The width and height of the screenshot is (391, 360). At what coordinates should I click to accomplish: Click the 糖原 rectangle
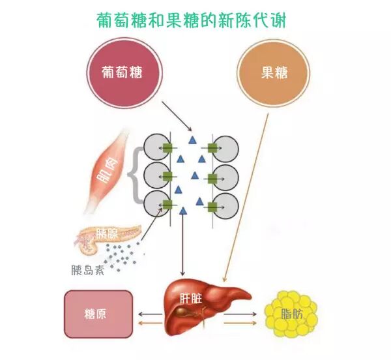pos(98,314)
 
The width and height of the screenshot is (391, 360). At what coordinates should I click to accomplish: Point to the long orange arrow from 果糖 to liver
pos(248,196)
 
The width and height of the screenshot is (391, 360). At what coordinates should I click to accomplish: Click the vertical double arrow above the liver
pos(182,241)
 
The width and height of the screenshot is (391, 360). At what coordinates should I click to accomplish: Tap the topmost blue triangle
pos(192,140)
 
